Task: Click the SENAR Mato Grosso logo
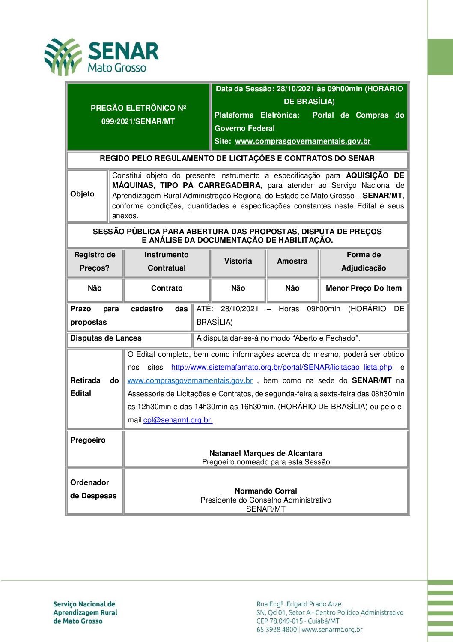101,57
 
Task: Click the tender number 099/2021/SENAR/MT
138,121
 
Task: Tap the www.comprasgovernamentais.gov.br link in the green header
302,141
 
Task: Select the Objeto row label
82,194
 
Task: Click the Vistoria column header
238,261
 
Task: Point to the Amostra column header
292,261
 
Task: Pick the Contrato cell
167,288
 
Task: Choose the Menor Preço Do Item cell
364,288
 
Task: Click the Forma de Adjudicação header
364,261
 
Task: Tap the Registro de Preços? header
95,261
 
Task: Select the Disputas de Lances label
106,338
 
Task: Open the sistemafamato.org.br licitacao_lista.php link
281,367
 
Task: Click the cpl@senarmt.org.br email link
178,420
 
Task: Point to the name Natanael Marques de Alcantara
265,453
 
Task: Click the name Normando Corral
265,491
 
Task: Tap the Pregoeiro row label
88,440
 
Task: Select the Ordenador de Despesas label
93,489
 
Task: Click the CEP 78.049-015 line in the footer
298,621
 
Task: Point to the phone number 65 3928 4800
277,630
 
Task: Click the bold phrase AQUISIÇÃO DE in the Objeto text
375,175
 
